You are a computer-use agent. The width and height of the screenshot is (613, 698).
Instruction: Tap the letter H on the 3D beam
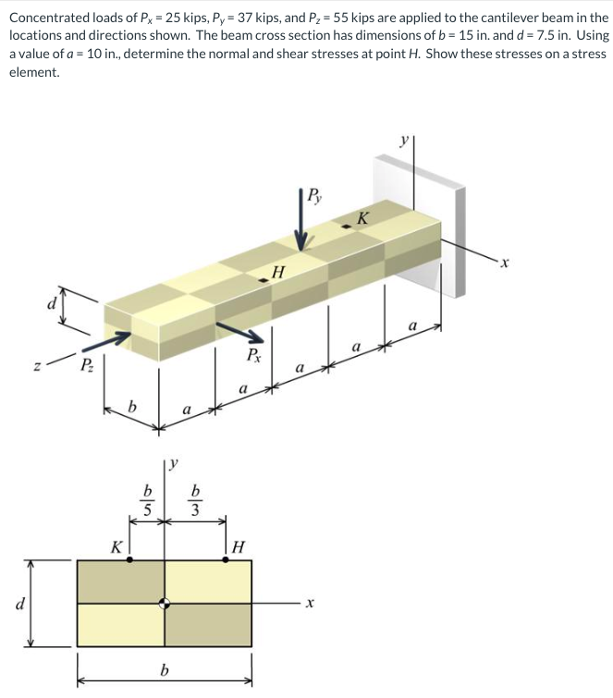(x=278, y=271)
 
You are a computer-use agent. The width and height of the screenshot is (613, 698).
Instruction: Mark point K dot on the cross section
(x=129, y=559)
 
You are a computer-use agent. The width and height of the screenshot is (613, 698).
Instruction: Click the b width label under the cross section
(x=165, y=668)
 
